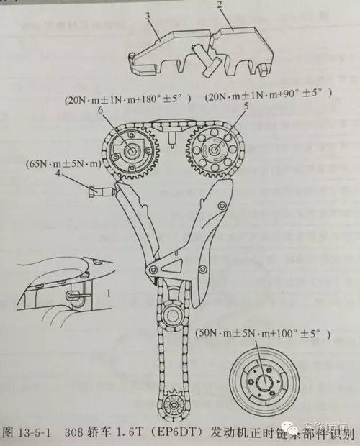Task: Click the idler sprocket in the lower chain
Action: click(173, 314)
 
